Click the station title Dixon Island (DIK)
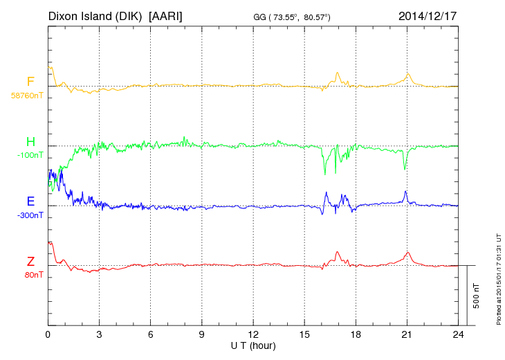click(x=95, y=15)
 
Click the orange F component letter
click(x=30, y=82)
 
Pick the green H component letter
click(x=30, y=141)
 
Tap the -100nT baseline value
click(x=30, y=155)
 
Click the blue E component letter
click(x=30, y=201)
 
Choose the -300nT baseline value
click(x=30, y=215)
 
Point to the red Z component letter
click(x=30, y=261)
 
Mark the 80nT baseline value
click(x=32, y=275)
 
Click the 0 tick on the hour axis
click(x=48, y=334)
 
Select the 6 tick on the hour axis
click(x=151, y=334)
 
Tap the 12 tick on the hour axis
click(x=253, y=334)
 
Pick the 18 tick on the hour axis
click(x=356, y=334)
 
